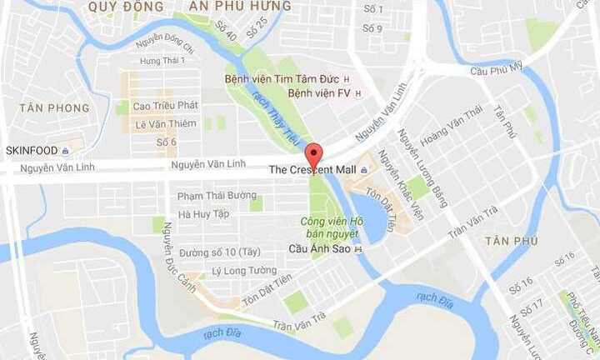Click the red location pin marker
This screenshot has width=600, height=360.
pos(313,155)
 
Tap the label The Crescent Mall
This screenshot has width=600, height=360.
pos(312,170)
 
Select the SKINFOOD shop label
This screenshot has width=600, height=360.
pos(32,151)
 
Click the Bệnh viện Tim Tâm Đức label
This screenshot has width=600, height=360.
pos(282,79)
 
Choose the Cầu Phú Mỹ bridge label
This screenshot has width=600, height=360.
pos(495,65)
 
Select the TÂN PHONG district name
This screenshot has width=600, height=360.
pos(54,108)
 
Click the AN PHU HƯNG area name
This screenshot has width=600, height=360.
pos(240,7)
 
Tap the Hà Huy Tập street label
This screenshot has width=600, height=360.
pos(203,214)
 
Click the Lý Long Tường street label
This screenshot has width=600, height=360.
pos(243,270)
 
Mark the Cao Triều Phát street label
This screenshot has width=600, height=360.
pos(166,106)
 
